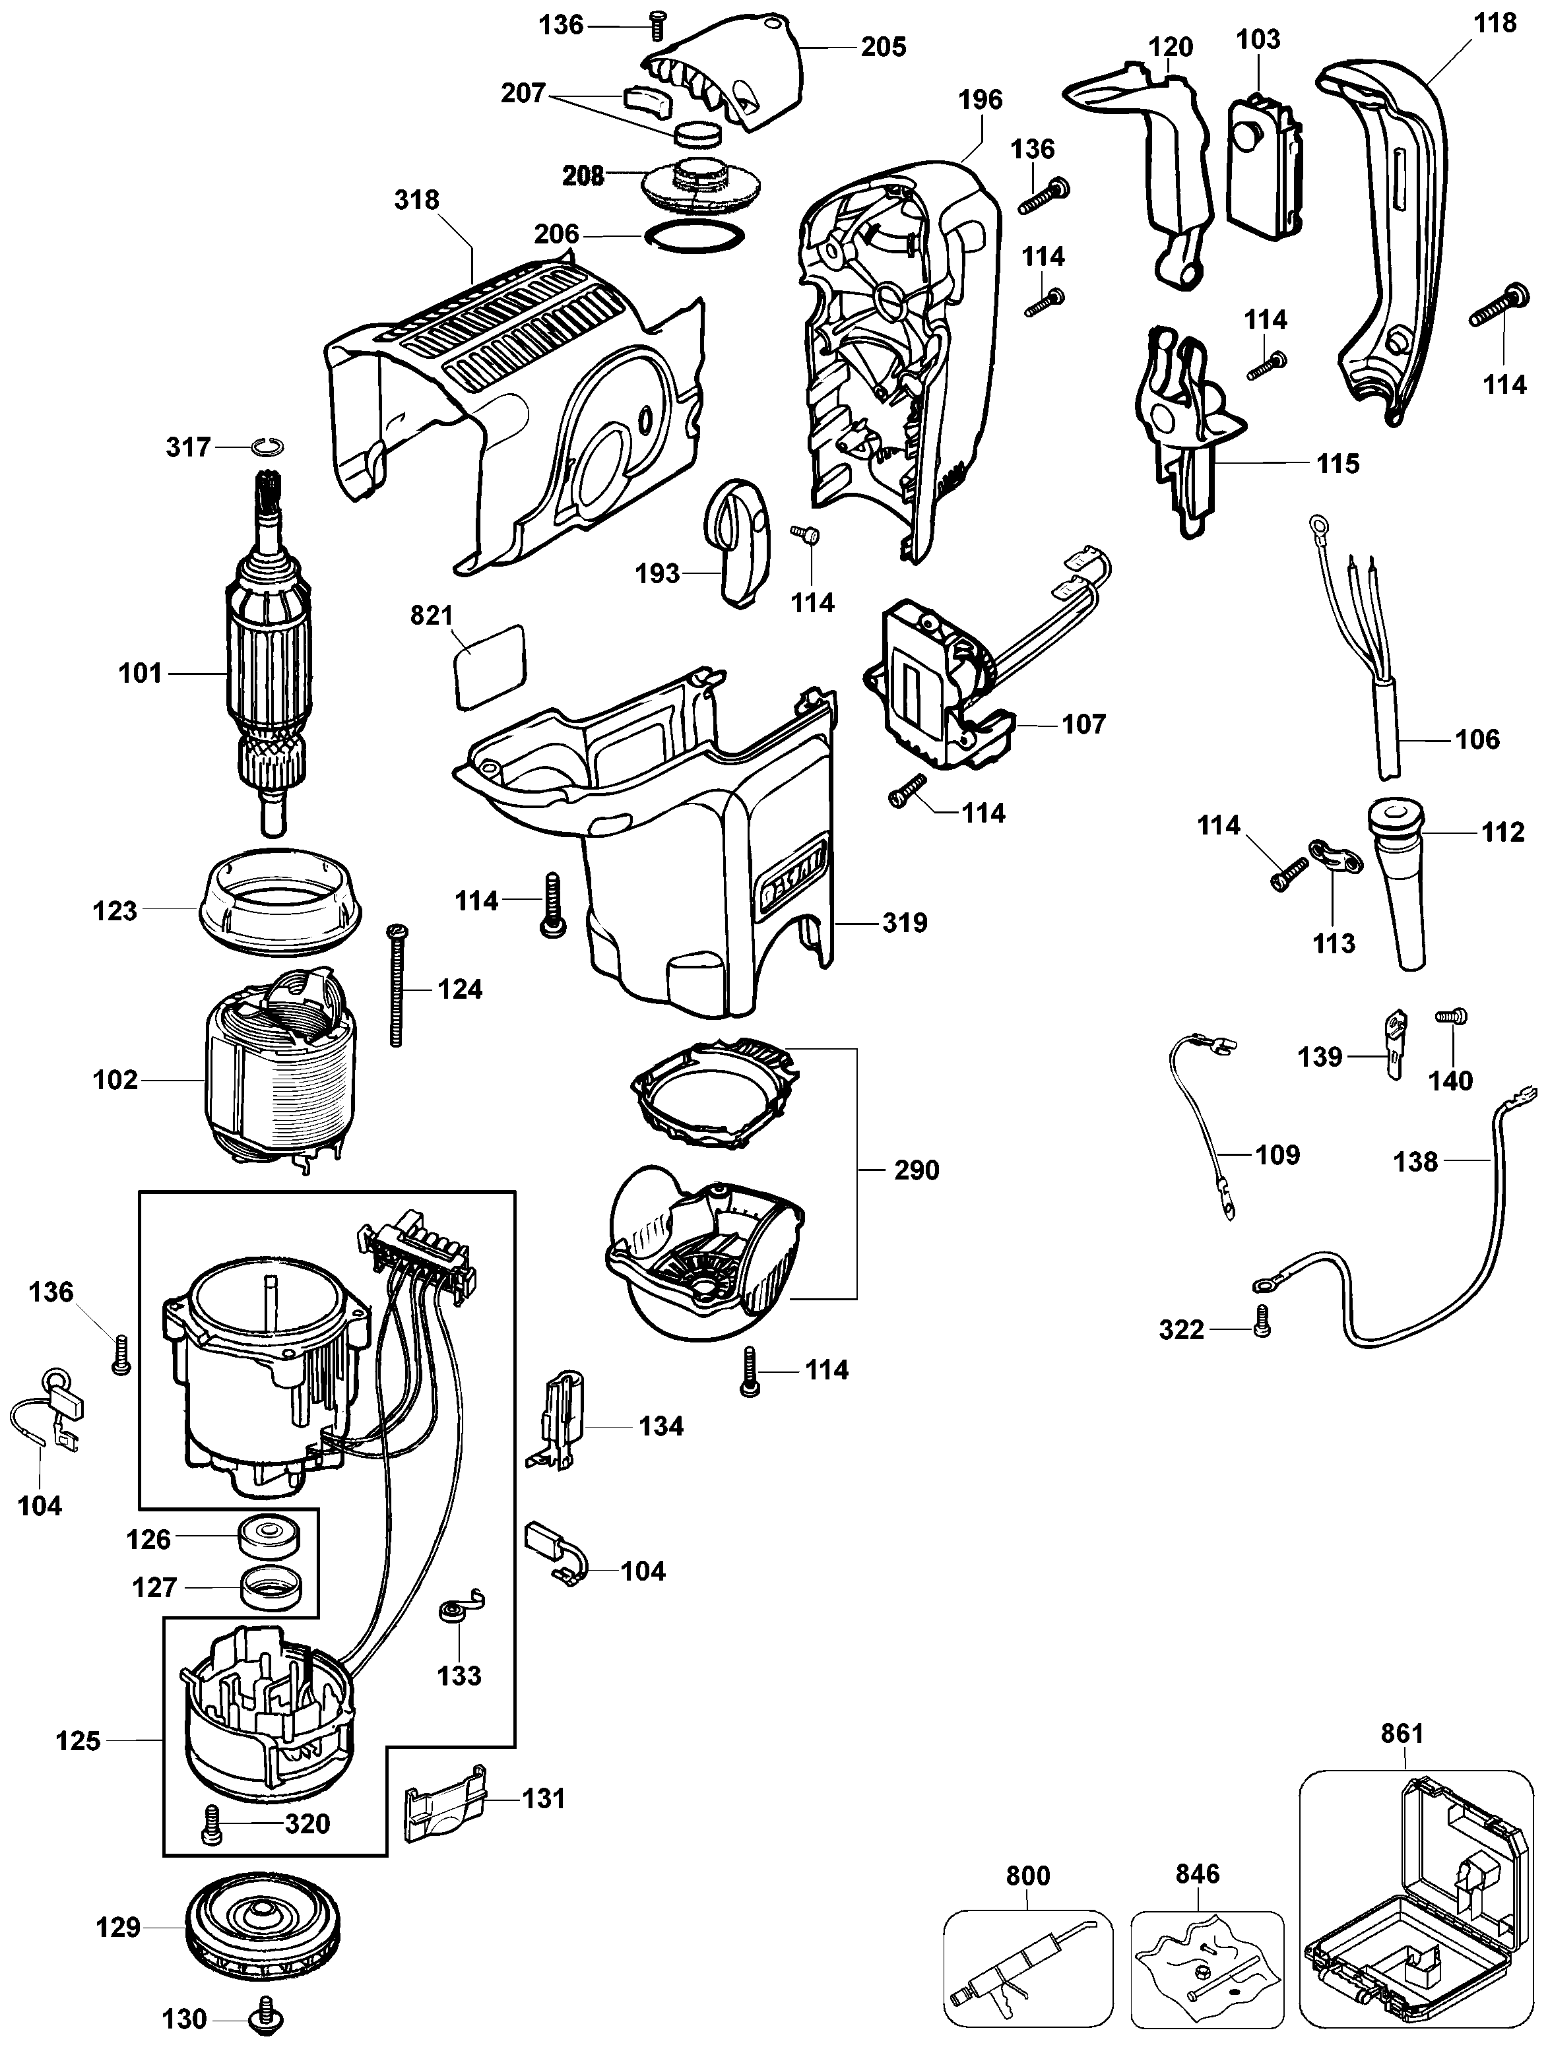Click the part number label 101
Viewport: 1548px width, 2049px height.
140,674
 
